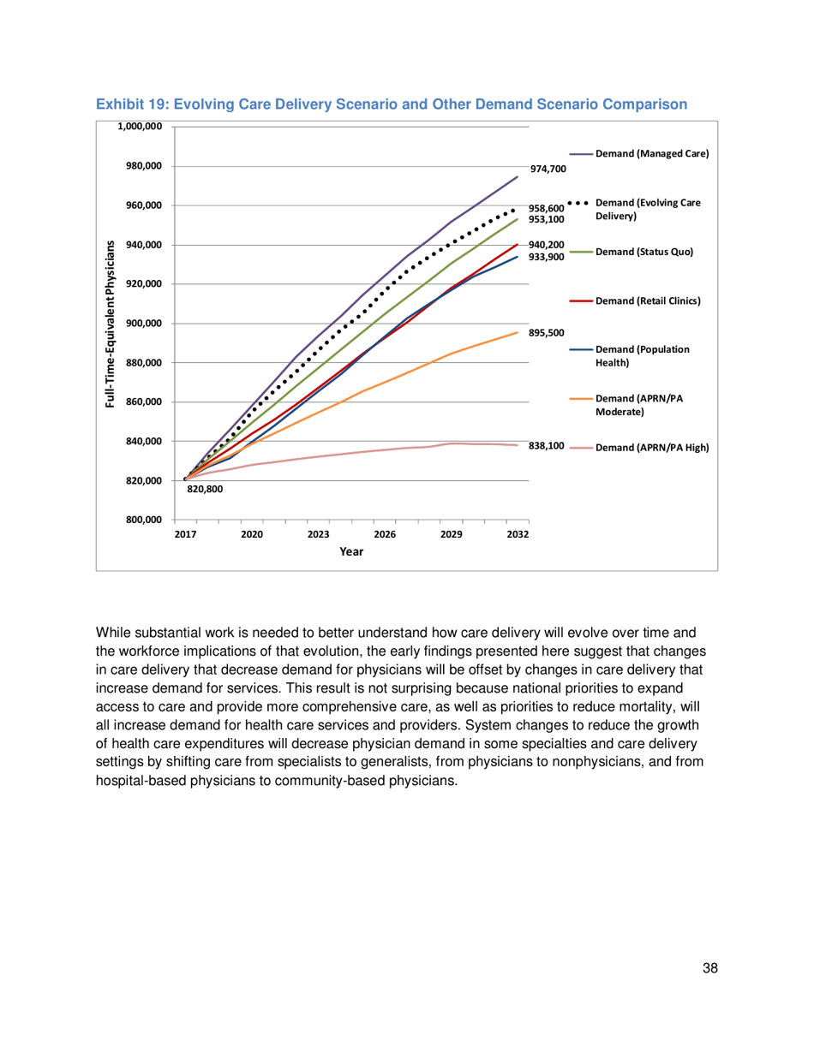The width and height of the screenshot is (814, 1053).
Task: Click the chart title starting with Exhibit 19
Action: click(x=392, y=104)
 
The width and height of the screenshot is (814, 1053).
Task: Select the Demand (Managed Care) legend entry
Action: click(x=652, y=154)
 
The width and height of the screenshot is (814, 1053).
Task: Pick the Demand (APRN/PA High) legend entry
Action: click(x=652, y=447)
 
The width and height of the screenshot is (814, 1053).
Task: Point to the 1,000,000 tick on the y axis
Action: click(x=139, y=127)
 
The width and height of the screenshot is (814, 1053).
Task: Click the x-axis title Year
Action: click(x=351, y=552)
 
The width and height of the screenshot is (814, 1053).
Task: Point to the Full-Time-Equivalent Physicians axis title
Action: click(x=111, y=324)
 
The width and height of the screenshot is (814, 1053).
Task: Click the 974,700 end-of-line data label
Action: click(x=548, y=169)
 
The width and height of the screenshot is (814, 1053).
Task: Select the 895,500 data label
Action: click(x=547, y=332)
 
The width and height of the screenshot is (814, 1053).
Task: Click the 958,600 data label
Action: click(x=547, y=208)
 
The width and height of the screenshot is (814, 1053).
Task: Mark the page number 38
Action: click(x=708, y=967)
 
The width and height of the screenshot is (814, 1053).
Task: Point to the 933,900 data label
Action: click(x=547, y=257)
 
